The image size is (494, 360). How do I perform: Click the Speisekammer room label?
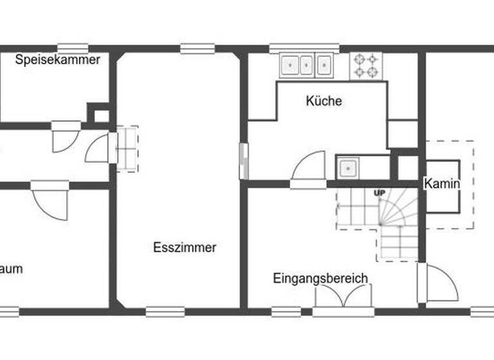(58, 60)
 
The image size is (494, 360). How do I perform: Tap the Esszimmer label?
(185, 248)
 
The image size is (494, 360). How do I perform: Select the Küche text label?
(324, 101)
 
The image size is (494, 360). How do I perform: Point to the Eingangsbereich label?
(320, 278)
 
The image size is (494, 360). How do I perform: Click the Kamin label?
(442, 184)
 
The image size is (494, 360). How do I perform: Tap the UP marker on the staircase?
(380, 193)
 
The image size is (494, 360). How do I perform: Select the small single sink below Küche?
(348, 168)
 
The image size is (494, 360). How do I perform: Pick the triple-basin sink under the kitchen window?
(306, 65)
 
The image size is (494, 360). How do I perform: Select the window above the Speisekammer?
(72, 48)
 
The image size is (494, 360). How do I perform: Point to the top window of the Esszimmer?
(197, 48)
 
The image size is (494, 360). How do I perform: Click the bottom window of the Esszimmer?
(165, 312)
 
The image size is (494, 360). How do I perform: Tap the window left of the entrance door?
(286, 312)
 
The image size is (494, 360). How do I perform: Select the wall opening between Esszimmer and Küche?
(243, 161)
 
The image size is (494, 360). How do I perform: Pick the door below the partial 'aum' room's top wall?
(50, 199)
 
